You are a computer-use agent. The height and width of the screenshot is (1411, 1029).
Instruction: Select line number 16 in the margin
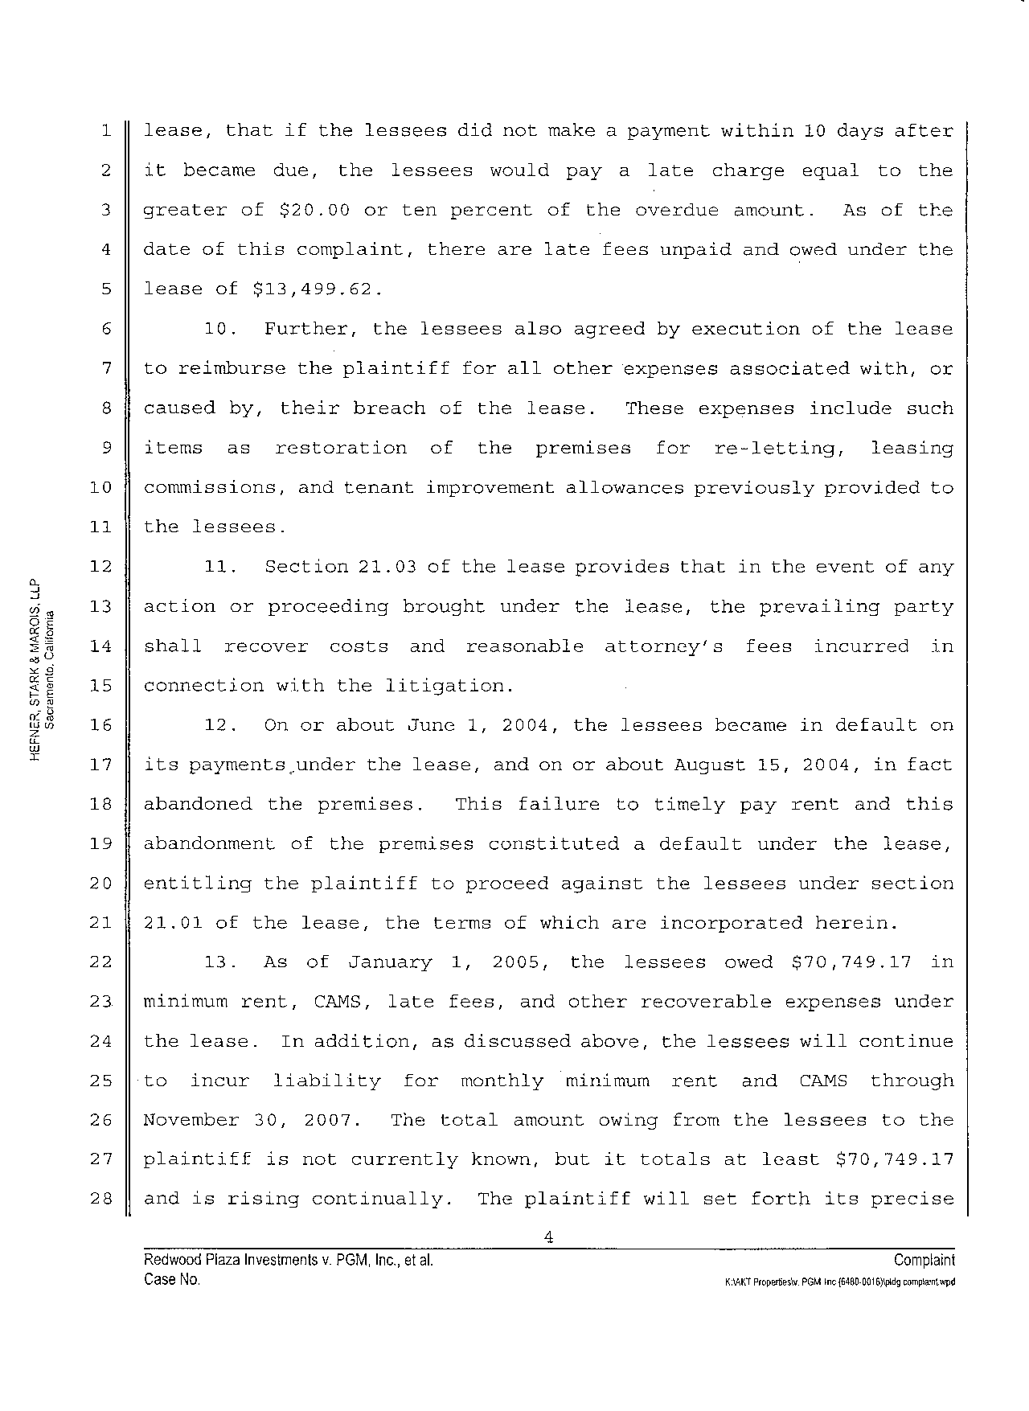pos(100,725)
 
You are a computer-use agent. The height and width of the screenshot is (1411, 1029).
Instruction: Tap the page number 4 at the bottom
pos(547,1237)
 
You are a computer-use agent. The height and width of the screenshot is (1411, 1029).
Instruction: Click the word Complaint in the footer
pos(924,1260)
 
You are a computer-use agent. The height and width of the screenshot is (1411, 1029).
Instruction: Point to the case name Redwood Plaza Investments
pos(232,1260)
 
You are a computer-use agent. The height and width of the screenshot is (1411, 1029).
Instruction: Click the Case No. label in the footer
pos(171,1279)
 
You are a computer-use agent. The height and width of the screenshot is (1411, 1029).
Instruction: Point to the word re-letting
pos(778,448)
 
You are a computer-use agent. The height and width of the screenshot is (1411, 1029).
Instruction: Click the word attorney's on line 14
pos(663,646)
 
